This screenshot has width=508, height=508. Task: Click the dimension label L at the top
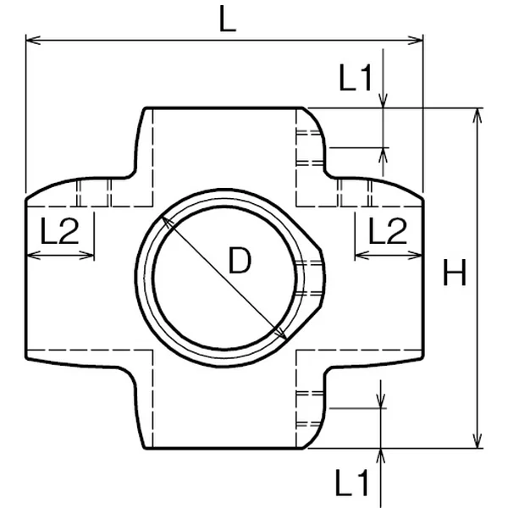228,19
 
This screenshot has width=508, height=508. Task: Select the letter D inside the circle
240,260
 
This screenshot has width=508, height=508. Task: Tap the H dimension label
454,273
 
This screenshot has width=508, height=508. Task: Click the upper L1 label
355,77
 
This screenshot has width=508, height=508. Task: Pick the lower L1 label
352,483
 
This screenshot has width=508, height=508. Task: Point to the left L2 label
59,230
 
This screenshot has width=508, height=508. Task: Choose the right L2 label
388,230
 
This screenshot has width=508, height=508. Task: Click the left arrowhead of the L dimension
33,40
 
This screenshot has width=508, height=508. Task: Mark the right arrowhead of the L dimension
416,40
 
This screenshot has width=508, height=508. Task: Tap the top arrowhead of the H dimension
477,116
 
